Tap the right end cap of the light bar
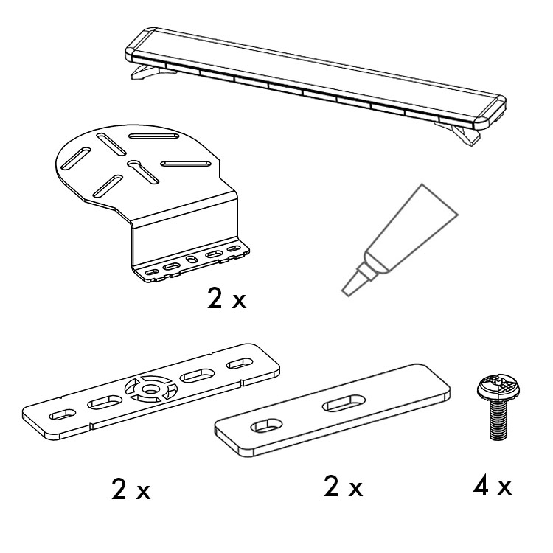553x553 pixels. point(491,112)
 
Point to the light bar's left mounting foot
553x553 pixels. point(148,72)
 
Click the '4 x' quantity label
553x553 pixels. point(493,487)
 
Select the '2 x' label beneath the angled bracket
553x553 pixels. point(226,299)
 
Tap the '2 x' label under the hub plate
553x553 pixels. point(131,489)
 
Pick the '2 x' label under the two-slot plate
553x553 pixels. point(343,487)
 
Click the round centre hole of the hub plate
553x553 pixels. point(150,389)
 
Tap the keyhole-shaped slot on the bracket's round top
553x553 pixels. point(143,172)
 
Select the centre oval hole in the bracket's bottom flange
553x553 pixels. point(192,260)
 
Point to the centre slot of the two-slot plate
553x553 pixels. point(344,403)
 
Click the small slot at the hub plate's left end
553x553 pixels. point(62,414)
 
